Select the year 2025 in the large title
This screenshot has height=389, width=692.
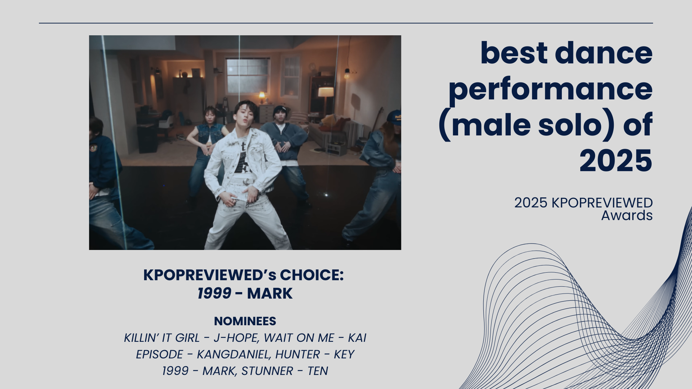(616, 161)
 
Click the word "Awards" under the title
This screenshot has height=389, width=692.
(627, 215)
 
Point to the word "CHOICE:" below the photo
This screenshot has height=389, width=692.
(312, 275)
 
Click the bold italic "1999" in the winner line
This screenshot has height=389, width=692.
(214, 294)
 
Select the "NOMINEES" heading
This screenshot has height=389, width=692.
(245, 321)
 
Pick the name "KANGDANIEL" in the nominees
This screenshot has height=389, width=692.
(234, 354)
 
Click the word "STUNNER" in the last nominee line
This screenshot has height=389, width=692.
(267, 371)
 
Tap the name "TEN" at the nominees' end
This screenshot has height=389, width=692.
(318, 371)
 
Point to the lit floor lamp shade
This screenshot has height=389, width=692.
(326, 92)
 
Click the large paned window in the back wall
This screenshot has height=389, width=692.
(248, 76)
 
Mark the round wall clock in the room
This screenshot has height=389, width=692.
(312, 67)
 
